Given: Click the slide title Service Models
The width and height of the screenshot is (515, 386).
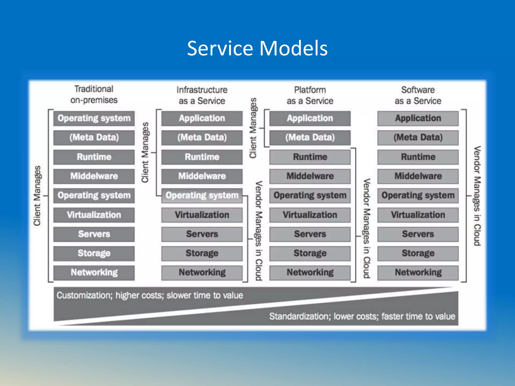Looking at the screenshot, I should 257,48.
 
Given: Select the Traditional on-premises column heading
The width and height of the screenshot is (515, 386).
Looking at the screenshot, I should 94,94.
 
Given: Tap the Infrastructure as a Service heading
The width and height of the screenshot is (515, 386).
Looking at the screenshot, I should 202,95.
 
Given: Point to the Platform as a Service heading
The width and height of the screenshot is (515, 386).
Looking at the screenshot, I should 310,95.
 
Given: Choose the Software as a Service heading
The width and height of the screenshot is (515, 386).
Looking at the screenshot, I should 418,95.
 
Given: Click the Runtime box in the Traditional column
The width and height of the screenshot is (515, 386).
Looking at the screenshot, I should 94,157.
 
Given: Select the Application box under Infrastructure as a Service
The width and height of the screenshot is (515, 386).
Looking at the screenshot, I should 202,118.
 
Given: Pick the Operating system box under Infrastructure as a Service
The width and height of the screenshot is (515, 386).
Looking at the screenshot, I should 202,196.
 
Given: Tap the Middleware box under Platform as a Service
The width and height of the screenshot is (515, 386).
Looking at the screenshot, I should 310,176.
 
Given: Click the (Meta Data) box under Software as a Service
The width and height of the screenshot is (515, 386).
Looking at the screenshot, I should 418,137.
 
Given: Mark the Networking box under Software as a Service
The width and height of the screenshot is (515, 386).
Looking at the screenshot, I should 418,272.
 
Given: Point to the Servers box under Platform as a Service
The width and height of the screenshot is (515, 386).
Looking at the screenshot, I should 310,234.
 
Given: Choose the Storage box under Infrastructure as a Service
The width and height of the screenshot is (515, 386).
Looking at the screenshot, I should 202,253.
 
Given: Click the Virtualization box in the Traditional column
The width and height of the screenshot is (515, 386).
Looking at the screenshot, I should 94,215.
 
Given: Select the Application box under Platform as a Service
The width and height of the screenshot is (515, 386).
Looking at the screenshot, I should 310,118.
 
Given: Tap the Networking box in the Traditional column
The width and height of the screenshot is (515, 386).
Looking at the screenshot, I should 94,272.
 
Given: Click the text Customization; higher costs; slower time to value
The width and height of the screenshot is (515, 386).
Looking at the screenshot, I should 150,296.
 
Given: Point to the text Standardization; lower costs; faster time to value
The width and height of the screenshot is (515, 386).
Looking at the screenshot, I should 362,316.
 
